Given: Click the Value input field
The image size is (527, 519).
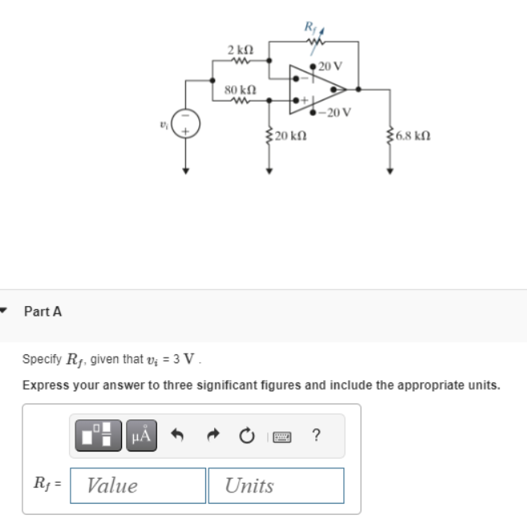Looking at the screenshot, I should (x=137, y=485).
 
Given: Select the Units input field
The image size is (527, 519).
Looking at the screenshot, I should (x=276, y=485).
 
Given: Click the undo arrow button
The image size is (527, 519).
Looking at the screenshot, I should (x=181, y=436).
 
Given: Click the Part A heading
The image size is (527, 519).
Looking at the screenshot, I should (x=43, y=312).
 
